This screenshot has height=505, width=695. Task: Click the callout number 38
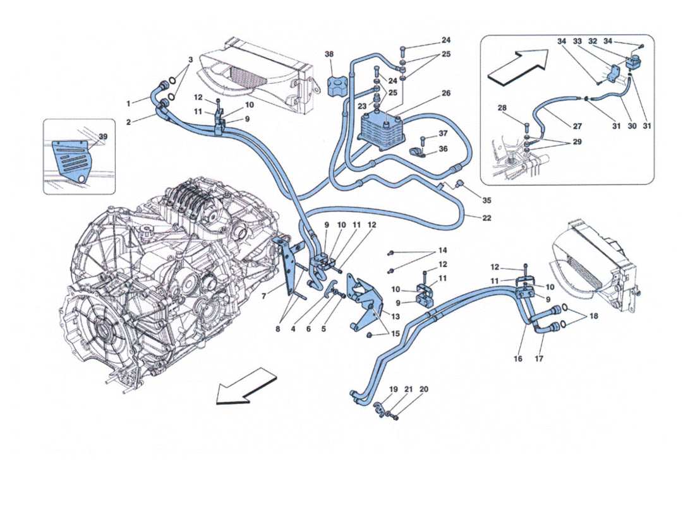[329, 55]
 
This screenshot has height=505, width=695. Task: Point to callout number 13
[396, 316]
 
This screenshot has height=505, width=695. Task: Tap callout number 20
[424, 389]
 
